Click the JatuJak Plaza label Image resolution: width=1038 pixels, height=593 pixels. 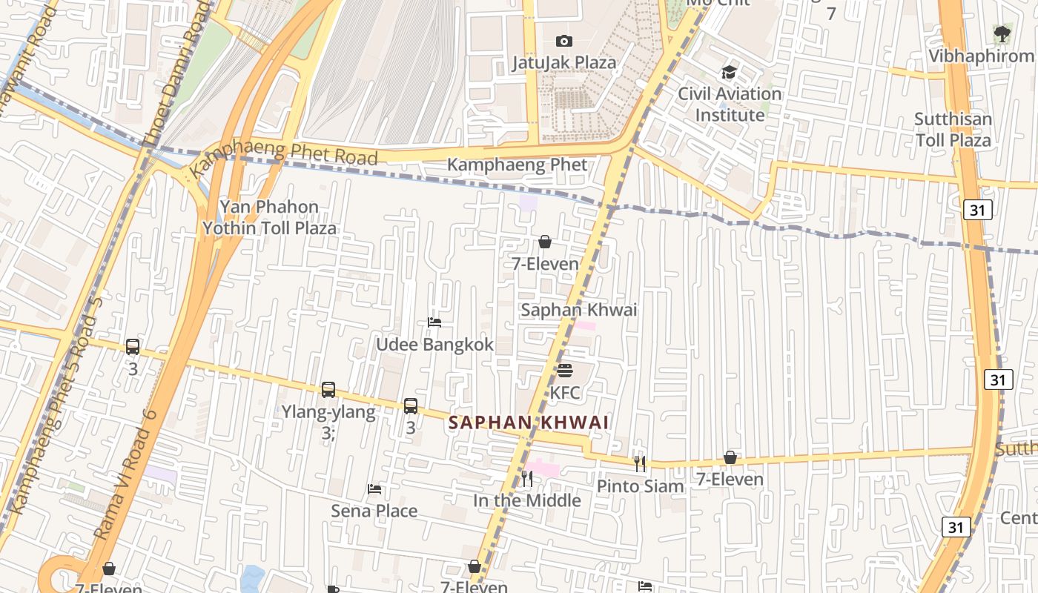[563, 62]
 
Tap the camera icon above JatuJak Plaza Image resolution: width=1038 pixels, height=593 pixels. [564, 41]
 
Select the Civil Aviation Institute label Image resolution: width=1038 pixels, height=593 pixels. [730, 105]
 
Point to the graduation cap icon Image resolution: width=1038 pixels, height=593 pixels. [730, 73]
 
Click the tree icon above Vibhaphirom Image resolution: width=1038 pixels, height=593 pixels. [1002, 33]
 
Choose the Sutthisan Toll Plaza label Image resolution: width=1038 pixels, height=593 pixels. [952, 130]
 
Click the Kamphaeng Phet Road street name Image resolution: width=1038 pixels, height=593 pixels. [285, 153]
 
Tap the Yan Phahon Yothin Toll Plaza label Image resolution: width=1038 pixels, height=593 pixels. [270, 217]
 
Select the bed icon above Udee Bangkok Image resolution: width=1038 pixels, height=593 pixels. [434, 322]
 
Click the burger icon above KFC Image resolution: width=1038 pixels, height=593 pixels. [565, 370]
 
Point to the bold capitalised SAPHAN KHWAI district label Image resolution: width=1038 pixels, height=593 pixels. [529, 423]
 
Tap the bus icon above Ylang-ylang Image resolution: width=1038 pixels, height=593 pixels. [328, 390]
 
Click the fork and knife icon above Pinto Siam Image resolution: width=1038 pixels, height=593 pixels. [640, 464]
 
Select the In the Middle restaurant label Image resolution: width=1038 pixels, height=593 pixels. [527, 500]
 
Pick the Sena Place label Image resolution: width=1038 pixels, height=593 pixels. [374, 511]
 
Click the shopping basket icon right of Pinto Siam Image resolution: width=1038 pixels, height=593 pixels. [730, 457]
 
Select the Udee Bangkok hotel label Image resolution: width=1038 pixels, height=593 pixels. [434, 345]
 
